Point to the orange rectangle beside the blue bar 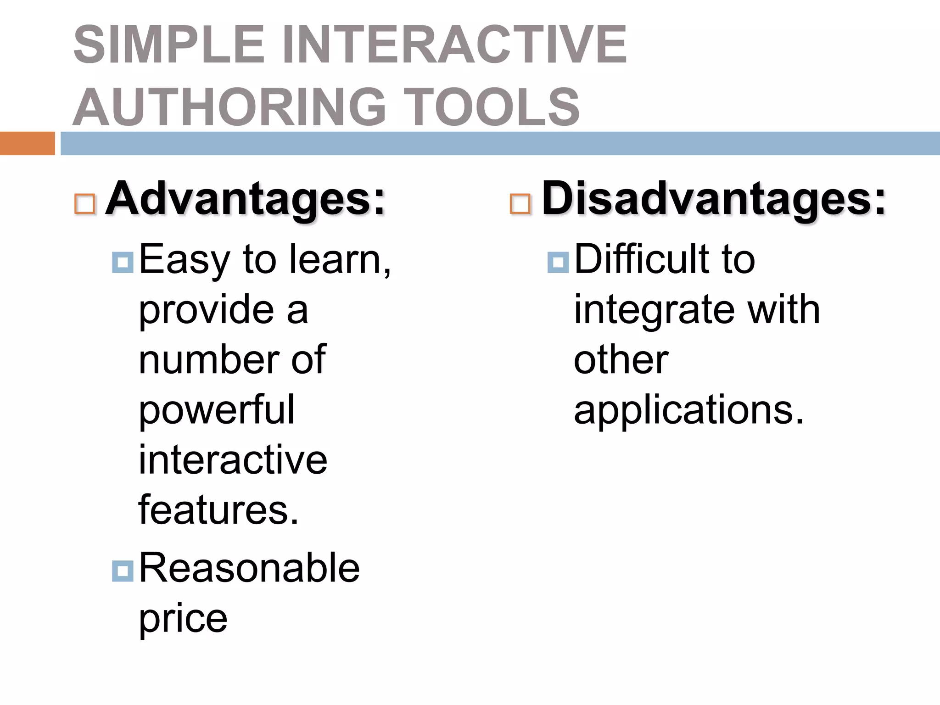[x=27, y=143]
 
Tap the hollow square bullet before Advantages [x=85, y=204]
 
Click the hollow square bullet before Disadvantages [x=520, y=204]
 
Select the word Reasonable [x=249, y=568]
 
